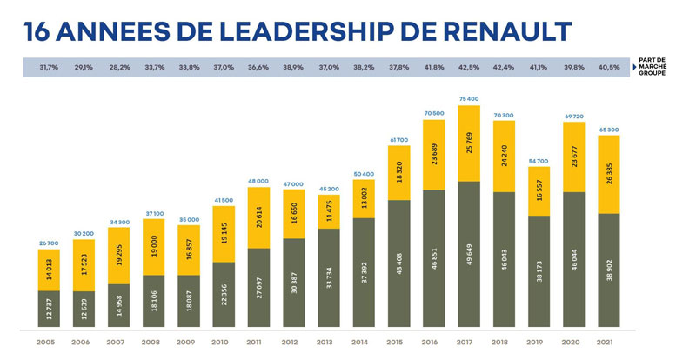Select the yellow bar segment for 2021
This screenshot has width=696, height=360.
(608, 174)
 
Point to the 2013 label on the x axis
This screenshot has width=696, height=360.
(328, 342)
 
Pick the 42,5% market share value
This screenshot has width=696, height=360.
(468, 66)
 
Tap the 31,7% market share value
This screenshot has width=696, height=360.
(50, 66)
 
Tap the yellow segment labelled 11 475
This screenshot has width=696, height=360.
(328, 210)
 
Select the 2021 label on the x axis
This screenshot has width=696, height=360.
(608, 342)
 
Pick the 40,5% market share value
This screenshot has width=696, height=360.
(608, 66)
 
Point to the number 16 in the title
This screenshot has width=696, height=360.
(41, 30)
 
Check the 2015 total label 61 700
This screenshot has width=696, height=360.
(398, 139)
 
